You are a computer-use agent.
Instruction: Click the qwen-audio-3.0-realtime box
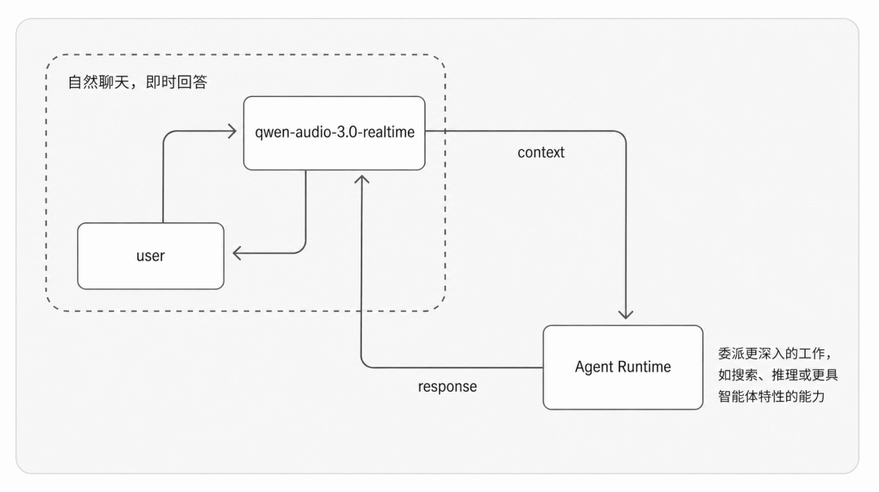point(335,133)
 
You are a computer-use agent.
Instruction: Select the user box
point(151,256)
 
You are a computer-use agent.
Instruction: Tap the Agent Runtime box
point(623,367)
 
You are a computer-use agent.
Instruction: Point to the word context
point(541,152)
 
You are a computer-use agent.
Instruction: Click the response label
point(448,387)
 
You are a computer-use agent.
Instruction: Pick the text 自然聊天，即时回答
point(138,82)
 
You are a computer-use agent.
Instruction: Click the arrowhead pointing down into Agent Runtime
point(626,314)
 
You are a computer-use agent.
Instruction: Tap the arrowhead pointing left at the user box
point(238,253)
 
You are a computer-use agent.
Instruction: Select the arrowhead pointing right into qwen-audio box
point(231,131)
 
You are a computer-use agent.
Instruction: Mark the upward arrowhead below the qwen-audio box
point(361,180)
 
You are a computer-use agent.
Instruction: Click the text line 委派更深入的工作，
point(776,354)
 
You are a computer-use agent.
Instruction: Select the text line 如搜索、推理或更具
point(777,375)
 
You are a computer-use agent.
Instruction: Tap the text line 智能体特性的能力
point(772,396)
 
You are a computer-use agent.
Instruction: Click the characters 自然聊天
point(98,82)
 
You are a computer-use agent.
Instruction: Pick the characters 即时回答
point(177,82)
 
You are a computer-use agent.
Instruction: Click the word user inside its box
point(151,256)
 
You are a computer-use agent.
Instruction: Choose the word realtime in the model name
point(389,133)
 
